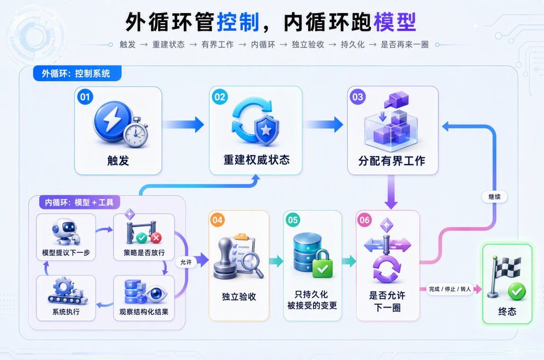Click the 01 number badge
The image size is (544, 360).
85,97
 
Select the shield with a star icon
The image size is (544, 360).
266,130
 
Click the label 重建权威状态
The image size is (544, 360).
256,160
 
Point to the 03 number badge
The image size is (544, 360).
358,97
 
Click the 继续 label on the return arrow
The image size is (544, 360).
495,197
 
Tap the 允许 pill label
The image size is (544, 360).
186,262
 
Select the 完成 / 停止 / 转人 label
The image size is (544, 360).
450,289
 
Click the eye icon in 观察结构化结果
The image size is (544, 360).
156,294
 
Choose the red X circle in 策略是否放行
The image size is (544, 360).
156,238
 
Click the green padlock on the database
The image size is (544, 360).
323,264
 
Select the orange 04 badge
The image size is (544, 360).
218,220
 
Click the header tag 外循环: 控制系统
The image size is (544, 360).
77,73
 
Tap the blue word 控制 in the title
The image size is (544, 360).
238,22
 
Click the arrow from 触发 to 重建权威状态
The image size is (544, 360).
183,124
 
